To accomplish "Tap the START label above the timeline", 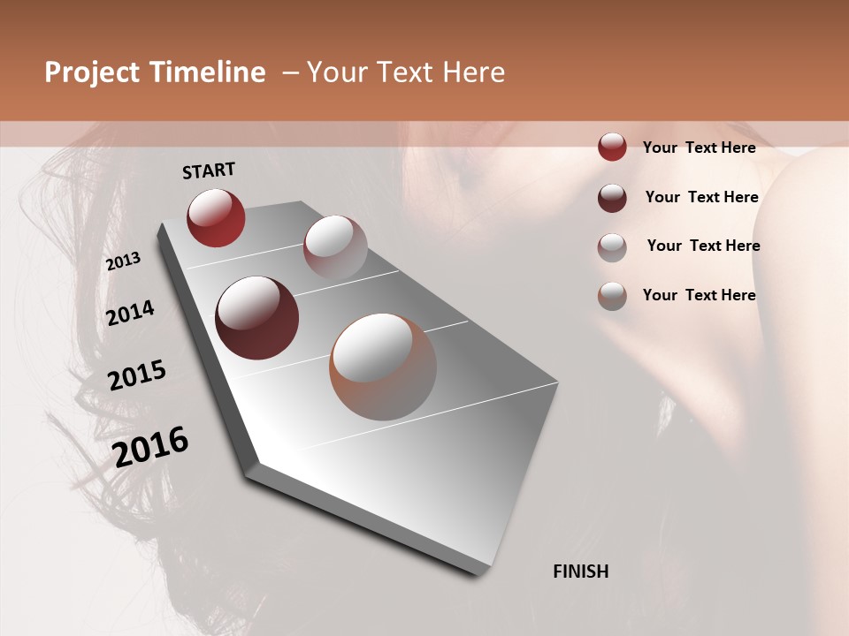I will point(209,170).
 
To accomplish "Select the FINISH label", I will point(580,572).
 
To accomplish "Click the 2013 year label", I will point(123,261).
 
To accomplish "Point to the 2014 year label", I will point(130,313).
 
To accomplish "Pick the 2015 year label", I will point(137,375).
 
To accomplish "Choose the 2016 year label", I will point(150,447).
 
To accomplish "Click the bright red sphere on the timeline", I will point(216,217).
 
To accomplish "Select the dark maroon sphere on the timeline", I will point(256,318).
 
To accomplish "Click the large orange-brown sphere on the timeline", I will point(383,367).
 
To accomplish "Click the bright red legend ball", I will point(612,147).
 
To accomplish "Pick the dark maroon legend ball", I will point(612,198).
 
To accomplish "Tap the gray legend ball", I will point(612,247).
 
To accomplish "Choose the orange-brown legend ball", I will point(612,296).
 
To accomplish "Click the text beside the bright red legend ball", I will point(699,148).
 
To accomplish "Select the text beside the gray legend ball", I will point(703,246).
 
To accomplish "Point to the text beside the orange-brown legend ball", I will point(699,295).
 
